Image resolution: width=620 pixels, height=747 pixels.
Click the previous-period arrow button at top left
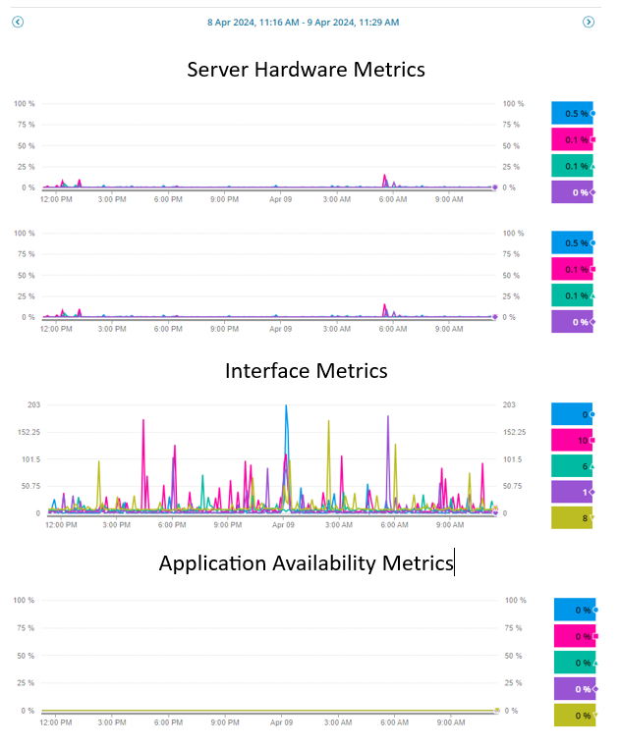pyautogui.click(x=17, y=22)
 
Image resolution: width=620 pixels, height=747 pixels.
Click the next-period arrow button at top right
pyautogui.click(x=589, y=22)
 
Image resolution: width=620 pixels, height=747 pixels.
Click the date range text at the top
pyautogui.click(x=303, y=22)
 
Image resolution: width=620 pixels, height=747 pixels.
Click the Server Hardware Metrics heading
pyautogui.click(x=306, y=70)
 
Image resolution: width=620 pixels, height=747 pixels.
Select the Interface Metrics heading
pyautogui.click(x=306, y=370)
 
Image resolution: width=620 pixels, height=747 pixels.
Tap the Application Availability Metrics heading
pyautogui.click(x=306, y=563)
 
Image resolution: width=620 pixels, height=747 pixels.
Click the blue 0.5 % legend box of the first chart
pyautogui.click(x=572, y=113)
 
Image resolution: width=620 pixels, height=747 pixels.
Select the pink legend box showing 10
pyautogui.click(x=572, y=441)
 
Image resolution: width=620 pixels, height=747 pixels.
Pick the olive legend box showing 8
pyautogui.click(x=572, y=518)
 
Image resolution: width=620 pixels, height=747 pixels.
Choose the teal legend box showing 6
pyautogui.click(x=572, y=466)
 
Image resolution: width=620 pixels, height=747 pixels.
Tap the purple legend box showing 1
pyautogui.click(x=572, y=492)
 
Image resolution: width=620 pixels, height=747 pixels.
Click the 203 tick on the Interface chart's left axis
pyautogui.click(x=33, y=404)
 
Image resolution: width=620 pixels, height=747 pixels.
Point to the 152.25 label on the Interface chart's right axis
pyautogui.click(x=517, y=432)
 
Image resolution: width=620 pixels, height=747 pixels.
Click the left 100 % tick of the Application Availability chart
pyautogui.click(x=25, y=600)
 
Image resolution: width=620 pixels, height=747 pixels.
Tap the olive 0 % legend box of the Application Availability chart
pyautogui.click(x=574, y=716)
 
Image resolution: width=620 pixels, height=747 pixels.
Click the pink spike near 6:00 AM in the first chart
pyautogui.click(x=385, y=178)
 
